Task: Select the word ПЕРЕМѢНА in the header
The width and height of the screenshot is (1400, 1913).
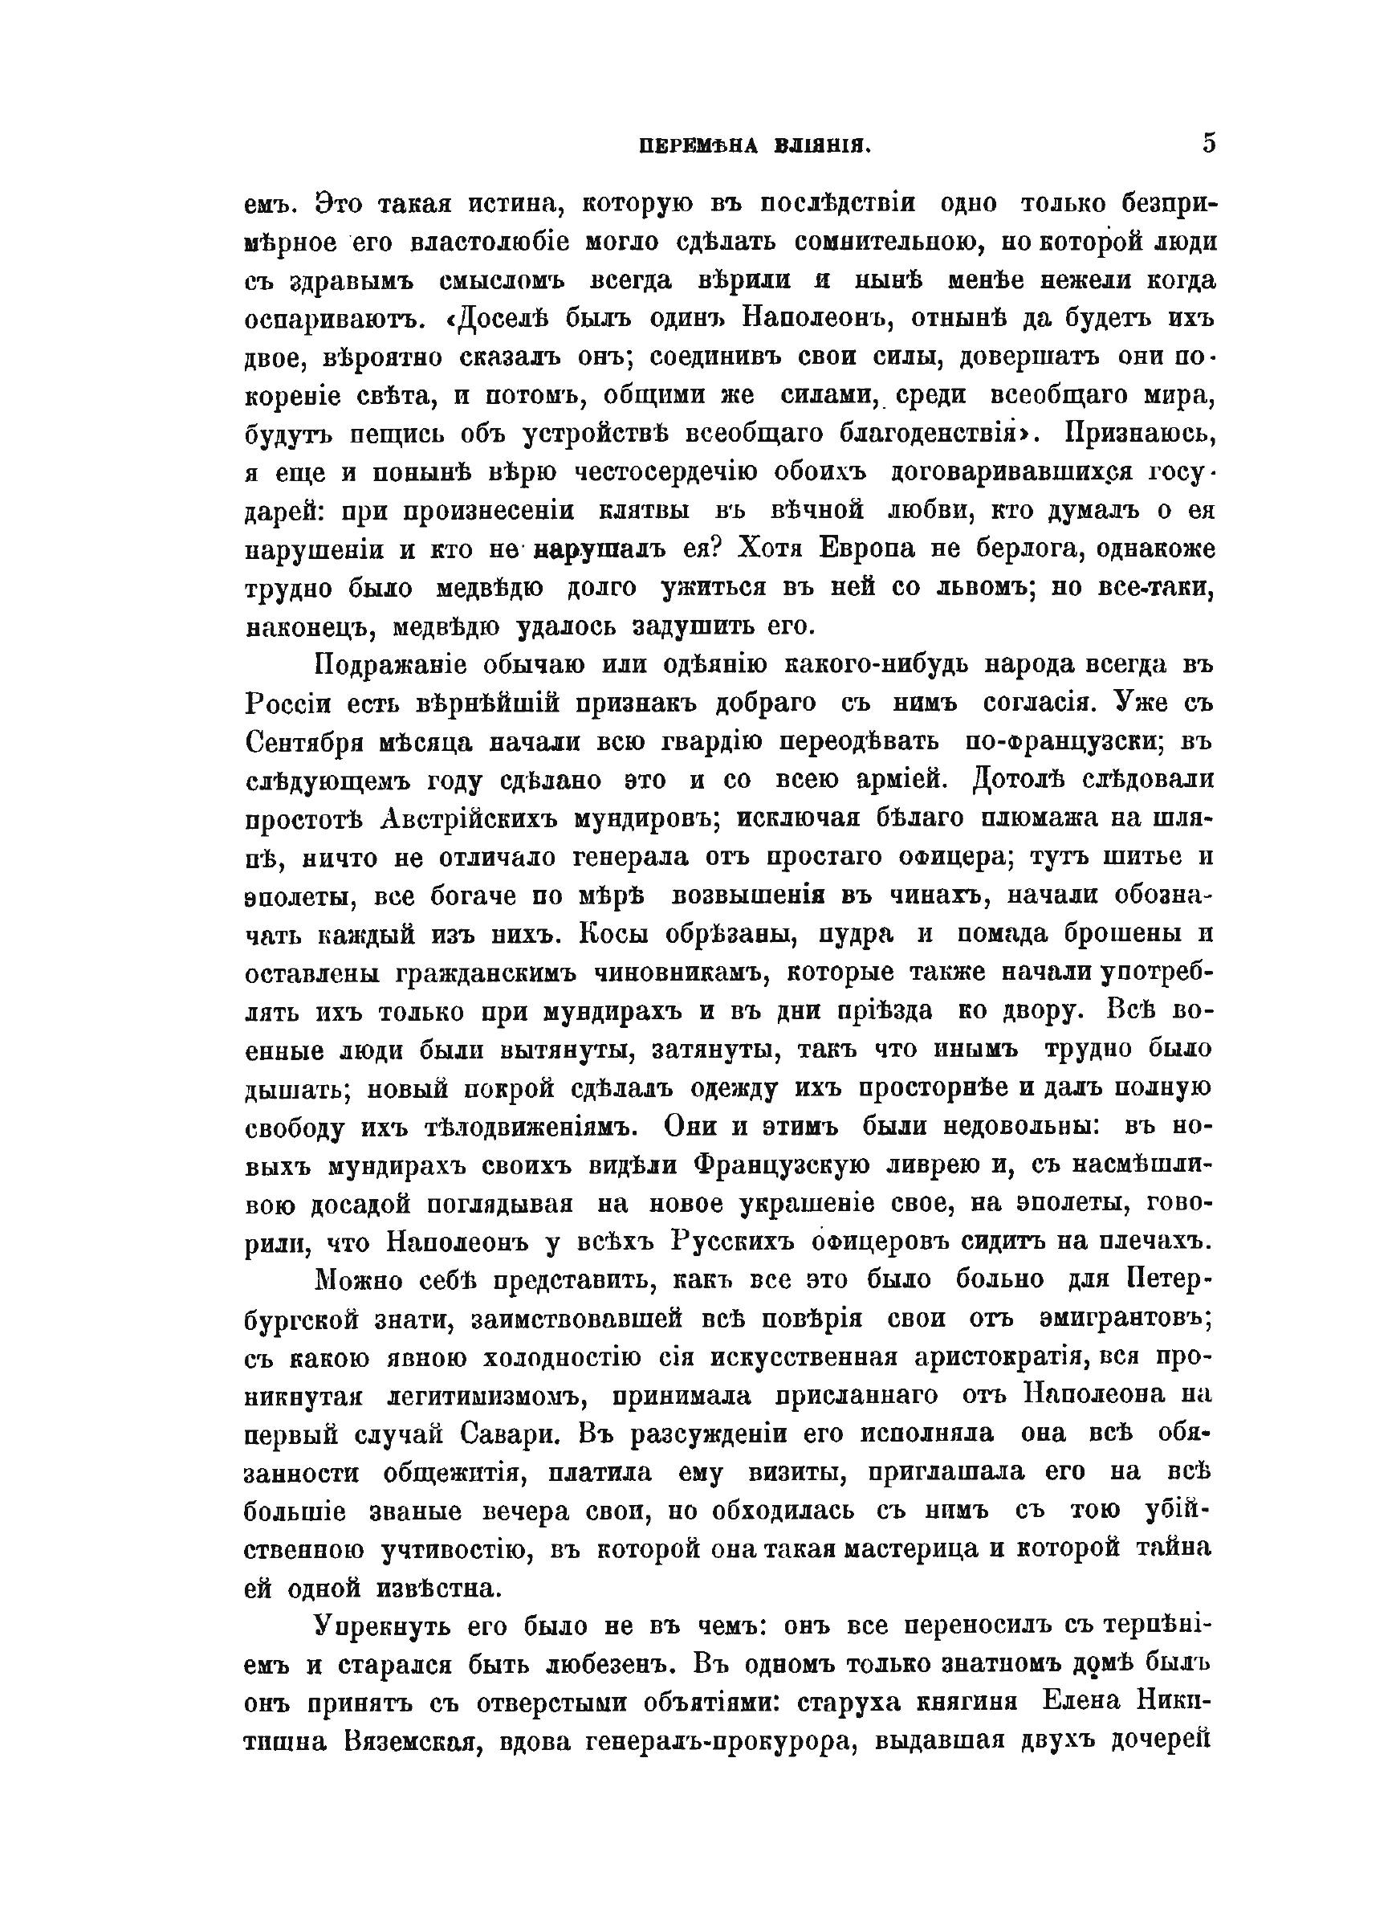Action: tap(698, 146)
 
